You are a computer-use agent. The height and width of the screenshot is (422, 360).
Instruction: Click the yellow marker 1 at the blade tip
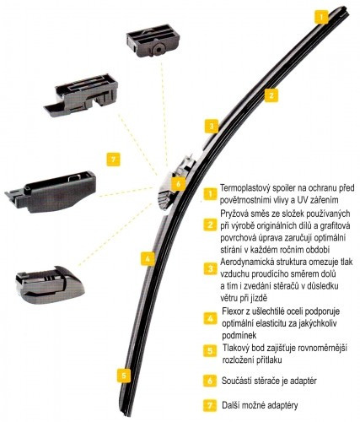[321, 17]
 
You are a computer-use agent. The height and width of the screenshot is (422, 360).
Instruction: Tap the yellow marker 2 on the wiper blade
[271, 95]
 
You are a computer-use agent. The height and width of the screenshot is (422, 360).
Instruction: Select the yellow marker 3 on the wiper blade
[212, 126]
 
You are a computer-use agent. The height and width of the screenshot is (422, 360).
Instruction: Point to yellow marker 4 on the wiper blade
[148, 259]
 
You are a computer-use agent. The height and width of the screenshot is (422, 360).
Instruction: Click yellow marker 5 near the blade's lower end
[124, 376]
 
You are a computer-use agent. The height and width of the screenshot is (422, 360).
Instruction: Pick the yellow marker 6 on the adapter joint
[178, 184]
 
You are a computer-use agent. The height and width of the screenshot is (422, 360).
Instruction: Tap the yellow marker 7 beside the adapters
[113, 160]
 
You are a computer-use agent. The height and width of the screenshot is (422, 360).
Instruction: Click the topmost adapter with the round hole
[153, 41]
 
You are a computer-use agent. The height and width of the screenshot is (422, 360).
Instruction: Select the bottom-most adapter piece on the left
[49, 284]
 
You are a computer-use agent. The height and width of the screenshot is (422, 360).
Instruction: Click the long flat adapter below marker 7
[51, 192]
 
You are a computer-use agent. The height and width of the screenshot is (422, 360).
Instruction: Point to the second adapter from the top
[81, 95]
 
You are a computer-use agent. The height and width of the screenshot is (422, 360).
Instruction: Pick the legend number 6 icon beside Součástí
[210, 381]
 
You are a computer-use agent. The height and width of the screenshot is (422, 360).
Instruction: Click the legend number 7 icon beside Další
[210, 405]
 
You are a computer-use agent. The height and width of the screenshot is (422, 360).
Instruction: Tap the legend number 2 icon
[210, 225]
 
